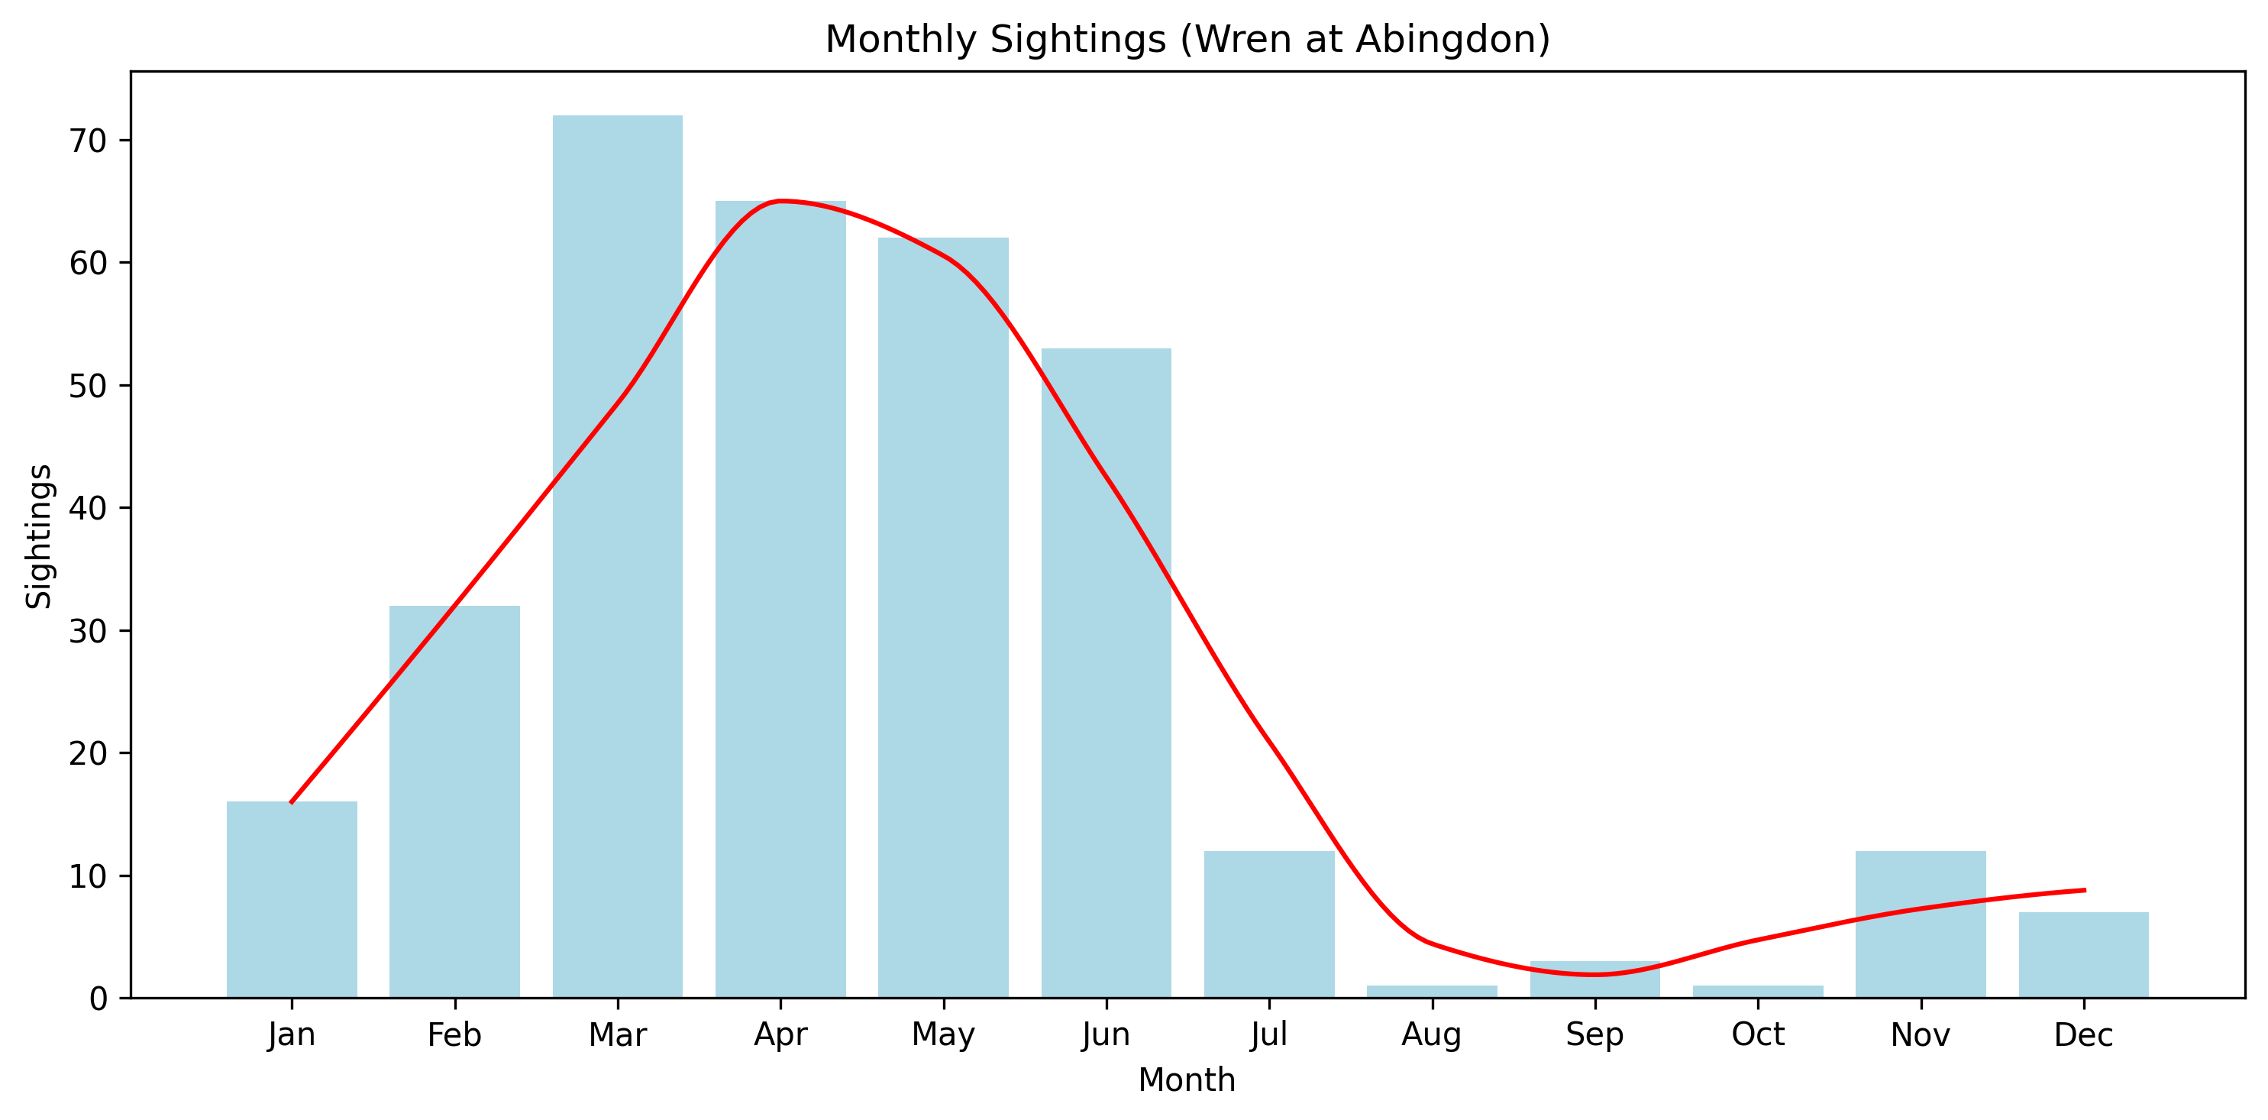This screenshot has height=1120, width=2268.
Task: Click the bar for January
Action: click(292, 899)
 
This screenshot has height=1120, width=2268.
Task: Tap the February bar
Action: click(454, 801)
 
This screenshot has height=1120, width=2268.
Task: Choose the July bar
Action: click(1268, 924)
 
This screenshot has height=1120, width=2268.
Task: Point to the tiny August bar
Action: click(1432, 992)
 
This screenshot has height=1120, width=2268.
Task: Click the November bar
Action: click(1921, 924)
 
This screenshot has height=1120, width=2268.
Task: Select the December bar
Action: click(2083, 954)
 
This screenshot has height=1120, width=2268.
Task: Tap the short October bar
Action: click(1757, 992)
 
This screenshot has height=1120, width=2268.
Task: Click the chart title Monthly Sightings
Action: click(1186, 40)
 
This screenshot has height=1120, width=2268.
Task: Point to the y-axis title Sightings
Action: click(39, 536)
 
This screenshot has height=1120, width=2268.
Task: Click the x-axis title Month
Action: click(1186, 1080)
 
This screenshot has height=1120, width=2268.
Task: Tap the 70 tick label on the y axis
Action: click(87, 141)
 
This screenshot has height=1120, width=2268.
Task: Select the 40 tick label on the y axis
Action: click(87, 508)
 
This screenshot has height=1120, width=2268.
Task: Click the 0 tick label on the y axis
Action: click(98, 999)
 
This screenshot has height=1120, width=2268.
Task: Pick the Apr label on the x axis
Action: click(780, 1034)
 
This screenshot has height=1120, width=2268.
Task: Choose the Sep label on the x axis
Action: click(1594, 1034)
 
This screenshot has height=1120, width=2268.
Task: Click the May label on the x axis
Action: click(943, 1034)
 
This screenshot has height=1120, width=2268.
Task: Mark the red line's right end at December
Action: click(2083, 890)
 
